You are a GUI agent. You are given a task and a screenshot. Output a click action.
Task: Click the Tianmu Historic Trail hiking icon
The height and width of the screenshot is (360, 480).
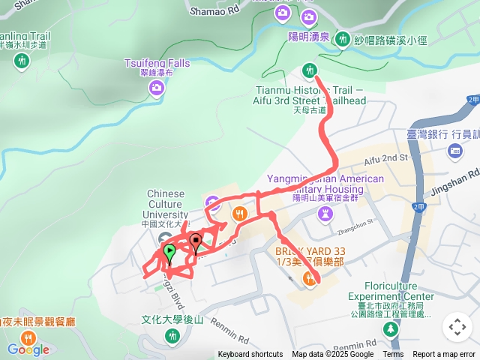click(308, 71)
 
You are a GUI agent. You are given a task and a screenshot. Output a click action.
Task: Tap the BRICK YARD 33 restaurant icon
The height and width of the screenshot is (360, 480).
click(310, 280)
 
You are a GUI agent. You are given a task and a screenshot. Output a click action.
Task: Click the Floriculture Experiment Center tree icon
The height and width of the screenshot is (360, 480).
click(391, 329)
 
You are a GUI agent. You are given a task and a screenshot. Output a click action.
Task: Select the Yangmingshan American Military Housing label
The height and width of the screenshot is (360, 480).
click(325, 184)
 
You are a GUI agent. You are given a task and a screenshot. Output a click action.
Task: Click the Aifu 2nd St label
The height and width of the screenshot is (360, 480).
click(385, 159)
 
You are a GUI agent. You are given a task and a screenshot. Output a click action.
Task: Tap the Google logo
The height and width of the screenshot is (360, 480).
click(28, 349)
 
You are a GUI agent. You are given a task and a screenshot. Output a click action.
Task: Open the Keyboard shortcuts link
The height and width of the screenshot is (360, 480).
click(250, 355)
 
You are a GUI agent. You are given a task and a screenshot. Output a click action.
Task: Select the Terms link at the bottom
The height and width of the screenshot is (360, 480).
click(393, 355)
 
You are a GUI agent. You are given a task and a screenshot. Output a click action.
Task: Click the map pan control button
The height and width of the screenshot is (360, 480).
click(456, 327)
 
